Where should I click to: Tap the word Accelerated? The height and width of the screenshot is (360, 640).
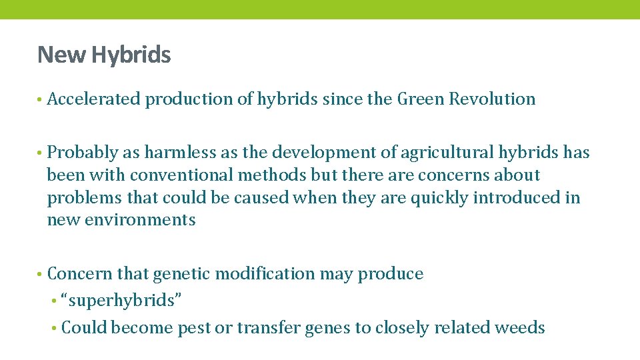click(x=94, y=99)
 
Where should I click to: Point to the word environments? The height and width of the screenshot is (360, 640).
click(x=139, y=220)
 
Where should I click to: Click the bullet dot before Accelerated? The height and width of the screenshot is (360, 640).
click(x=40, y=100)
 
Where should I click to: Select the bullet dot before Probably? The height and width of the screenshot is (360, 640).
click(x=40, y=153)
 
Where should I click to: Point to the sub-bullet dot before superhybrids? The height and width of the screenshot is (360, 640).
click(x=53, y=301)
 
